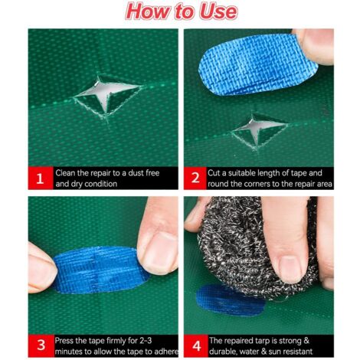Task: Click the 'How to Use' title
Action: tap(180, 13)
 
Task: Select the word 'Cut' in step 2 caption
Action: tap(218, 172)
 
